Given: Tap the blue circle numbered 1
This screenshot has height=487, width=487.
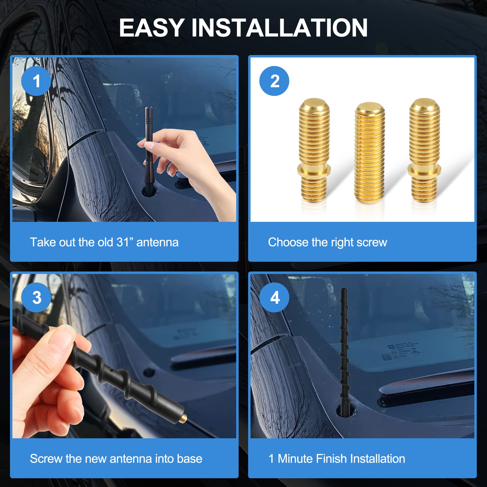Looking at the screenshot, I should pyautogui.click(x=36, y=81).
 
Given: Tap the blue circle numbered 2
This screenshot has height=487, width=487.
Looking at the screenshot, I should pyautogui.click(x=274, y=81).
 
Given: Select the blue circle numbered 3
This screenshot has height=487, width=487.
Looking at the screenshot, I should pyautogui.click(x=36, y=298).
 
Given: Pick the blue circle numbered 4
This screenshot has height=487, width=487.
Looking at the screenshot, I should pyautogui.click(x=274, y=298).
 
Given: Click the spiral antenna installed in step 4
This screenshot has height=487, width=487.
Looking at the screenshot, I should pyautogui.click(x=344, y=353).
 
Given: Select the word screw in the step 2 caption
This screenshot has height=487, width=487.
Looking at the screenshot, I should pyautogui.click(x=372, y=242).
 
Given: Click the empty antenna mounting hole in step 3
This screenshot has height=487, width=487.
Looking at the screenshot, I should pyautogui.click(x=149, y=372).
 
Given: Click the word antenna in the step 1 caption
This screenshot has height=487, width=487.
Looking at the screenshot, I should pyautogui.click(x=157, y=242).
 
